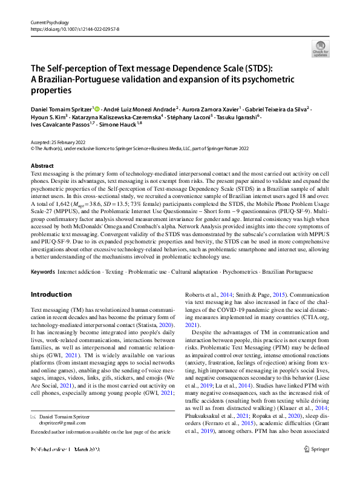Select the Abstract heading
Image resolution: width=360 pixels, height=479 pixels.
[42, 165]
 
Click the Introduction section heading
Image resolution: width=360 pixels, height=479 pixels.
[51, 294]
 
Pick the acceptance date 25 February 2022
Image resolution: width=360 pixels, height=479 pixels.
[72, 142]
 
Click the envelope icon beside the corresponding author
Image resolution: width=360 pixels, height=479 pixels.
[33, 400]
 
